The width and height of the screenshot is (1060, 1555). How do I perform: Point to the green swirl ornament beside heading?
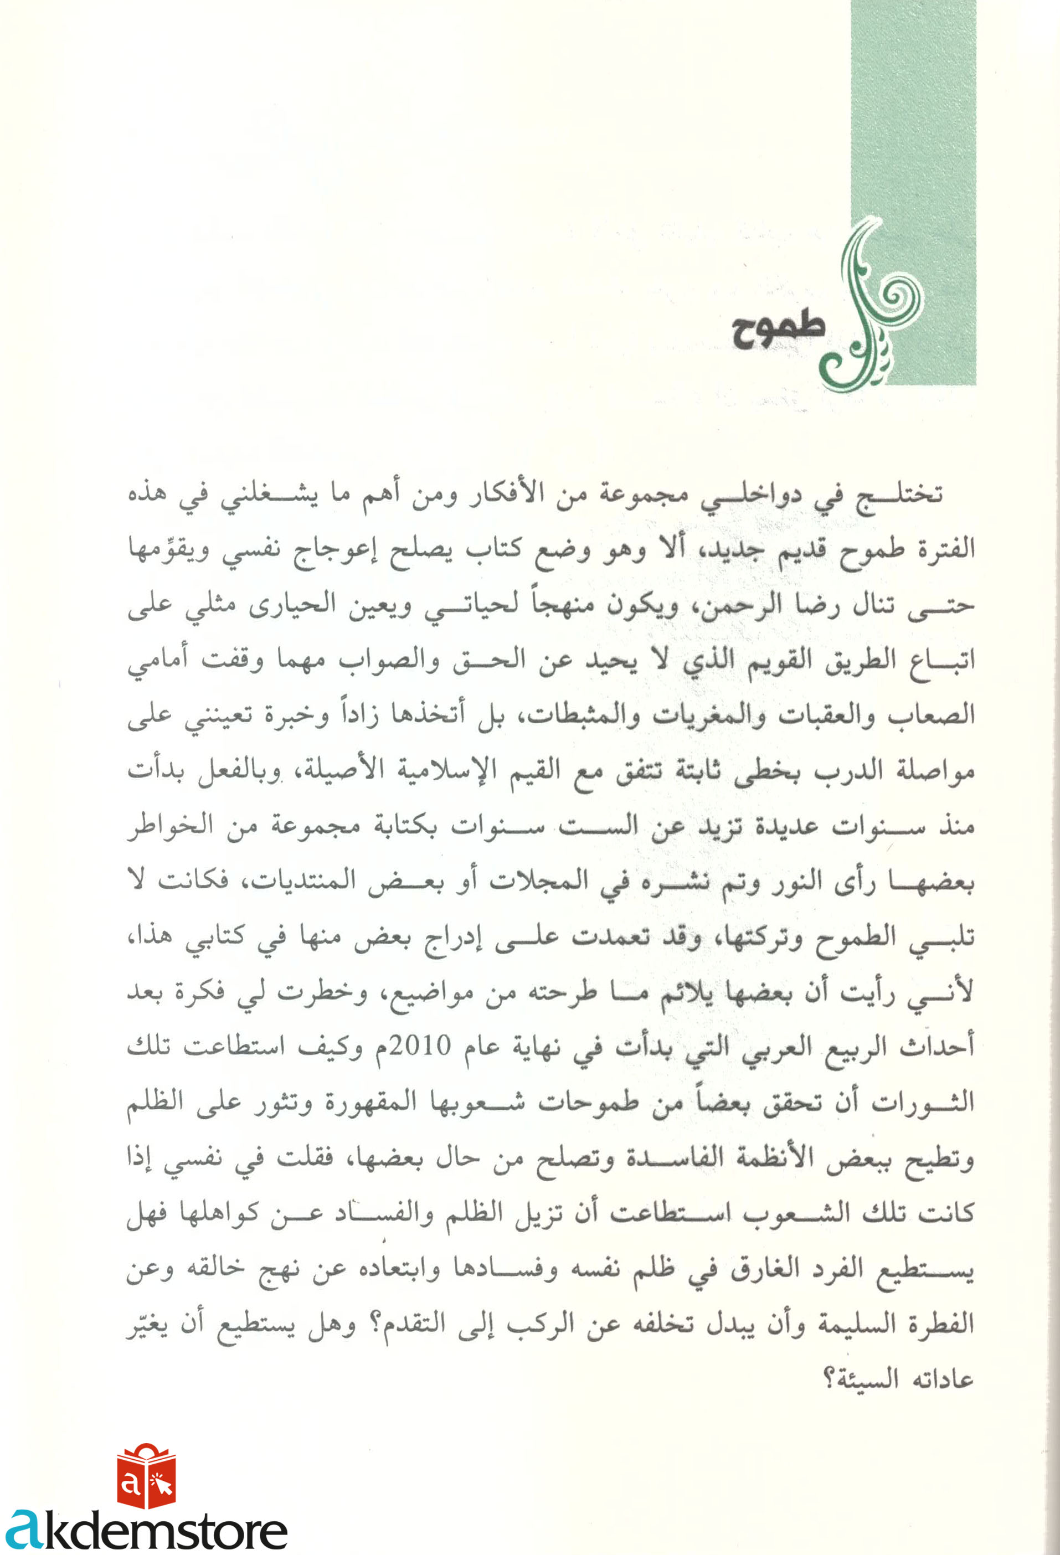pos(870,308)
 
